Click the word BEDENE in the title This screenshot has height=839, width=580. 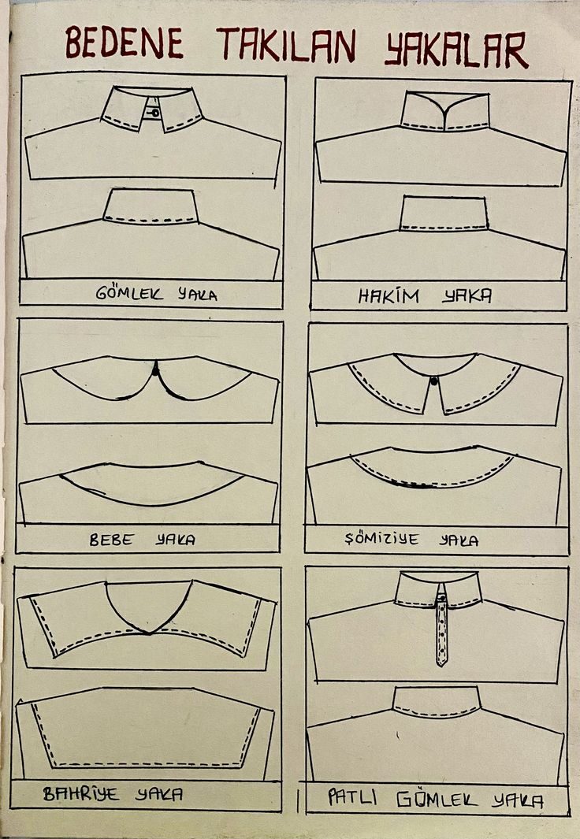pos(125,43)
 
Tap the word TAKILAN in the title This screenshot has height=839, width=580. pos(286,45)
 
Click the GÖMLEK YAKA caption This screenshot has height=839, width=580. pos(156,294)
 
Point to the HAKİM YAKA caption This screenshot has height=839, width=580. pos(425,296)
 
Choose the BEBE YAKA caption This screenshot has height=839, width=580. pos(143,540)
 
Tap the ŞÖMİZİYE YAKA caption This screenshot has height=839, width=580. pos(411,539)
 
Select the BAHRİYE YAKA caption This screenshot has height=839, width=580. pos(113,793)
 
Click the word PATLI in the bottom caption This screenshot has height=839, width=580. pos(352,798)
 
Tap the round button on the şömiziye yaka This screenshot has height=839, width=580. pos(434,381)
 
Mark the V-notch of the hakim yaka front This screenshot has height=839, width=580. pos(444,113)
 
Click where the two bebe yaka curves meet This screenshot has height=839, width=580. pos(155,368)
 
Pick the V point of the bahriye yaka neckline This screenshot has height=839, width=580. pos(149,633)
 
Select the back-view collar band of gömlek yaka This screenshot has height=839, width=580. pos(151,206)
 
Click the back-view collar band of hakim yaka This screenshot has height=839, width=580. pos(444,213)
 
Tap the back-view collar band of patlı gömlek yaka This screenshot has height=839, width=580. pos(436,701)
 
